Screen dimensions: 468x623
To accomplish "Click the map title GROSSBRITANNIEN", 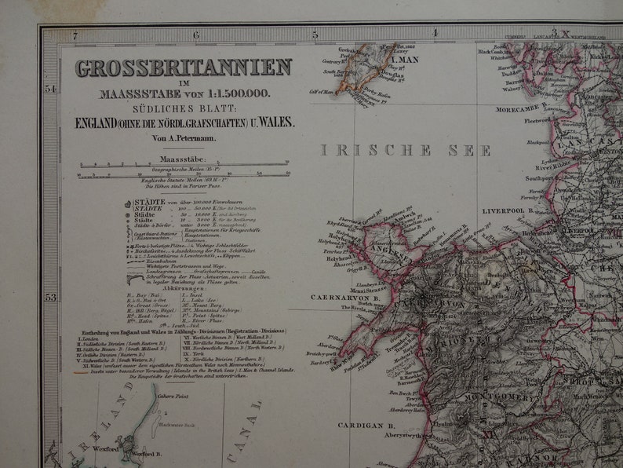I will [184, 68].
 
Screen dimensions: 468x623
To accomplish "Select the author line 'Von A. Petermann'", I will [182, 139].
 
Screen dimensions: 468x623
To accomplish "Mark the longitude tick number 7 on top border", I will [75, 35].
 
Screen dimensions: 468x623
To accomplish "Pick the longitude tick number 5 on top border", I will [315, 35].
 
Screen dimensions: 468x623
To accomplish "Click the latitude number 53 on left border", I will [51, 297].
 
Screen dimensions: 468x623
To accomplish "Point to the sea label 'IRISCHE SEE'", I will [406, 150].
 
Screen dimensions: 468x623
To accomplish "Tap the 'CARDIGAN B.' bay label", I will [366, 425].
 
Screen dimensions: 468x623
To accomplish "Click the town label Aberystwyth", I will [401, 434].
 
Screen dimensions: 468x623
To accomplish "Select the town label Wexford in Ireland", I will [107, 448].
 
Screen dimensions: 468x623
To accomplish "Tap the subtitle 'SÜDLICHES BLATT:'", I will [183, 108].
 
